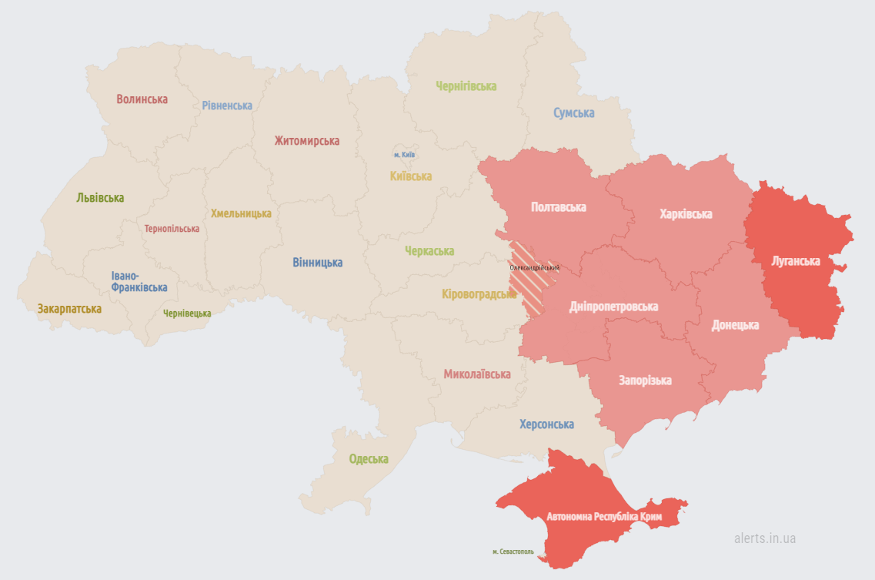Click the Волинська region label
point(142,99)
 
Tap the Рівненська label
point(227,106)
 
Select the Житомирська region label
point(306,141)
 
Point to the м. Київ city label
point(404,155)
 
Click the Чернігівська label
point(466,86)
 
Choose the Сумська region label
point(573,113)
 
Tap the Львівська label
point(100,198)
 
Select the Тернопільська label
point(172,229)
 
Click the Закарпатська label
point(69,309)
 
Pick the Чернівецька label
point(187,313)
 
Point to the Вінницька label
point(317,263)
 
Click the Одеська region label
point(369,459)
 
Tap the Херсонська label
point(546,424)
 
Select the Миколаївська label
point(476,374)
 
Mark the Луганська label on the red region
point(796,261)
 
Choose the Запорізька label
point(645,381)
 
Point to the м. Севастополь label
point(513,552)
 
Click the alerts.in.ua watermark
point(764,538)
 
